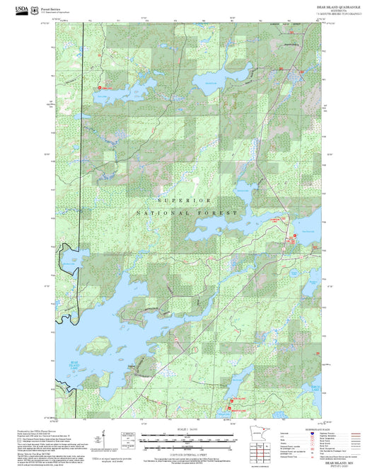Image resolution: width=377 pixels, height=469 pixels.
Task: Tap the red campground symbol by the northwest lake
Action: [99, 87]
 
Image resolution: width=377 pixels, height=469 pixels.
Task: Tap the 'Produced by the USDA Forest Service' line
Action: [31, 429]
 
